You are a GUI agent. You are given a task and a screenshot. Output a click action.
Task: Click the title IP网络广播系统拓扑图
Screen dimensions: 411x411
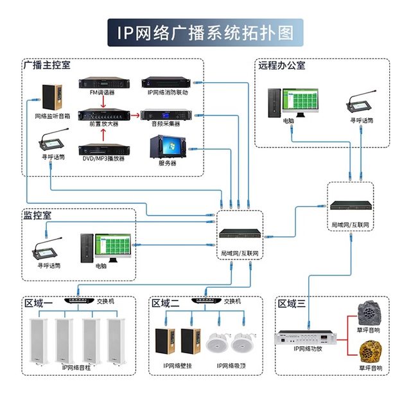point(205,32)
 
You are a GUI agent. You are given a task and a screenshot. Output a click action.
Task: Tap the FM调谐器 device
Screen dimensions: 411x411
point(101,83)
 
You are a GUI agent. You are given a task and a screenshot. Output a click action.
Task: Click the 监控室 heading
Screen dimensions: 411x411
point(37,216)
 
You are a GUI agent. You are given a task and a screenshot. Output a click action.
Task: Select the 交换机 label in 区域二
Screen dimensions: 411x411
point(232,301)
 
